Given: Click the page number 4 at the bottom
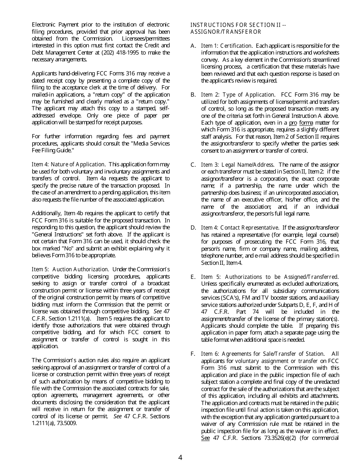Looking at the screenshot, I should click(180, 457).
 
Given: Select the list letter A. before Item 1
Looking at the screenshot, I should click(193, 46).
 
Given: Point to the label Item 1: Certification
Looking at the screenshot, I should click(226, 46).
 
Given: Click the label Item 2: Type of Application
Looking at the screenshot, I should click(238, 95).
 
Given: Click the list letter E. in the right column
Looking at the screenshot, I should click(193, 277).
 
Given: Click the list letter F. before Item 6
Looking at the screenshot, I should click(193, 354).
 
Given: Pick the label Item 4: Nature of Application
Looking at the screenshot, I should click(68, 164).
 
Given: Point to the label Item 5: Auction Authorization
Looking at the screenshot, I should click(70, 269).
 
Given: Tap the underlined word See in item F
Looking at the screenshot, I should click(205, 438).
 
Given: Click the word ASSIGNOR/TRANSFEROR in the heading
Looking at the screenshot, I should click(226, 32).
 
